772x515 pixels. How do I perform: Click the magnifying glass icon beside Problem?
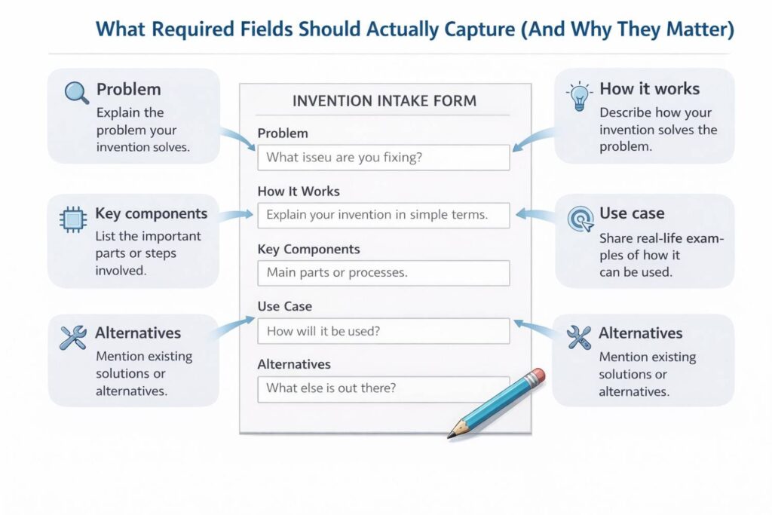coord(76,92)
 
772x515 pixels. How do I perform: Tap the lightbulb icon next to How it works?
coord(579,96)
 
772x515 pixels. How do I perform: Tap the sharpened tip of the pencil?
coord(451,436)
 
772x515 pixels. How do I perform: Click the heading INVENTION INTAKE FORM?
coord(384,101)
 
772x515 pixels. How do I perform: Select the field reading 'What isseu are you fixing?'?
coord(384,158)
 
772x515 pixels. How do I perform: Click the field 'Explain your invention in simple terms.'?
coord(384,215)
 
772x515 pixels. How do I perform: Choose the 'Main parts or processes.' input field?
coord(384,272)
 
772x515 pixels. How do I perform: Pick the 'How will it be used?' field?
coord(384,330)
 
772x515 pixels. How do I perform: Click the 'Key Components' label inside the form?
coord(309,249)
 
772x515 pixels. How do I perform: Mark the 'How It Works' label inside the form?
coord(299,192)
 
